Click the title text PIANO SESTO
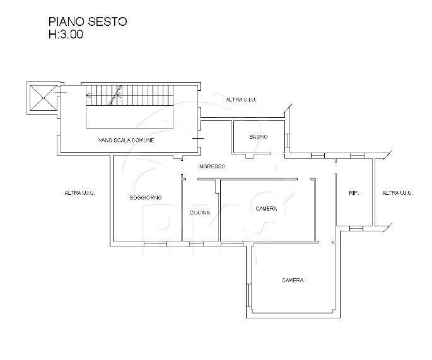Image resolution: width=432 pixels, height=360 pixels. click(88, 22)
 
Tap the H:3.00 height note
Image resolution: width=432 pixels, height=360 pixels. click(66, 36)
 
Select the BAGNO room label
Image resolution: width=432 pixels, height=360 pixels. click(258, 137)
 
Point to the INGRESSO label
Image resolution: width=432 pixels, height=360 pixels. click(211, 167)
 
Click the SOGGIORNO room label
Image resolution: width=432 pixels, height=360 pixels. click(146, 198)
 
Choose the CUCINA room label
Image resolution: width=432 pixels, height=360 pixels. click(200, 212)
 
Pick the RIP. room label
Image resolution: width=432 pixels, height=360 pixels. click(354, 194)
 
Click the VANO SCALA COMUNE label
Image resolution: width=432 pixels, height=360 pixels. click(126, 140)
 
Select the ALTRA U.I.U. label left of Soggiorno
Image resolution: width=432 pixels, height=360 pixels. click(79, 194)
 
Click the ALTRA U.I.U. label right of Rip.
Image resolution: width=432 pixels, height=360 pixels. click(397, 194)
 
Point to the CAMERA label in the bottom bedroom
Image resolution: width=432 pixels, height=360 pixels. click(293, 281)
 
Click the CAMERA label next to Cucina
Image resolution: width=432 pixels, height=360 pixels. click(267, 209)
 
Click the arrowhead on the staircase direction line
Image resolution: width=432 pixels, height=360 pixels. click(88, 96)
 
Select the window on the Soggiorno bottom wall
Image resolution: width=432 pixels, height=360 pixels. click(154, 242)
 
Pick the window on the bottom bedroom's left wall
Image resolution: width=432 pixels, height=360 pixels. click(250, 293)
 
